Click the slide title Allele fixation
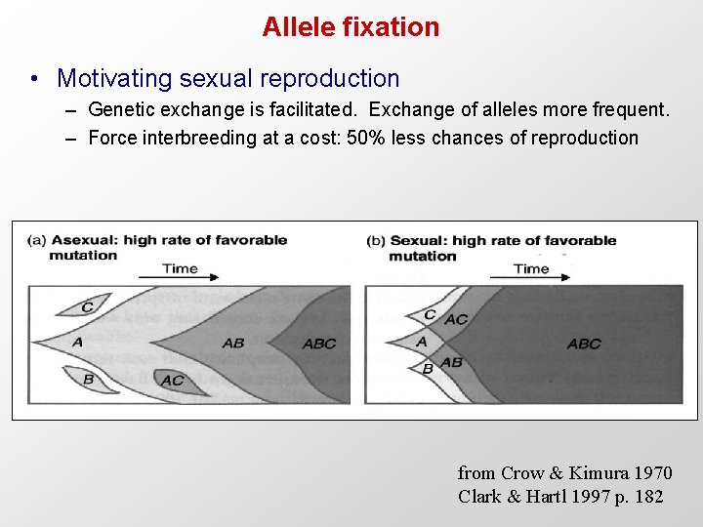pos(351,27)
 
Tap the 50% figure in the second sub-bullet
pos(367,138)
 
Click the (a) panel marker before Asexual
pos(37,240)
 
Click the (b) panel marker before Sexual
pos(376,240)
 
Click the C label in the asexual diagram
pos(88,306)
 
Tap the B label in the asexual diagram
pos(88,379)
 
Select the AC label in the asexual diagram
pos(172,381)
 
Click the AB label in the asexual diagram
pos(233,344)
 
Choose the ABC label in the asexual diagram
pos(319,344)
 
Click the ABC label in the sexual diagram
pos(584,344)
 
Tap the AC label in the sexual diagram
pos(456,319)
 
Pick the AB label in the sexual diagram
pos(451,362)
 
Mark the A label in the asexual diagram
pos(77,342)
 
